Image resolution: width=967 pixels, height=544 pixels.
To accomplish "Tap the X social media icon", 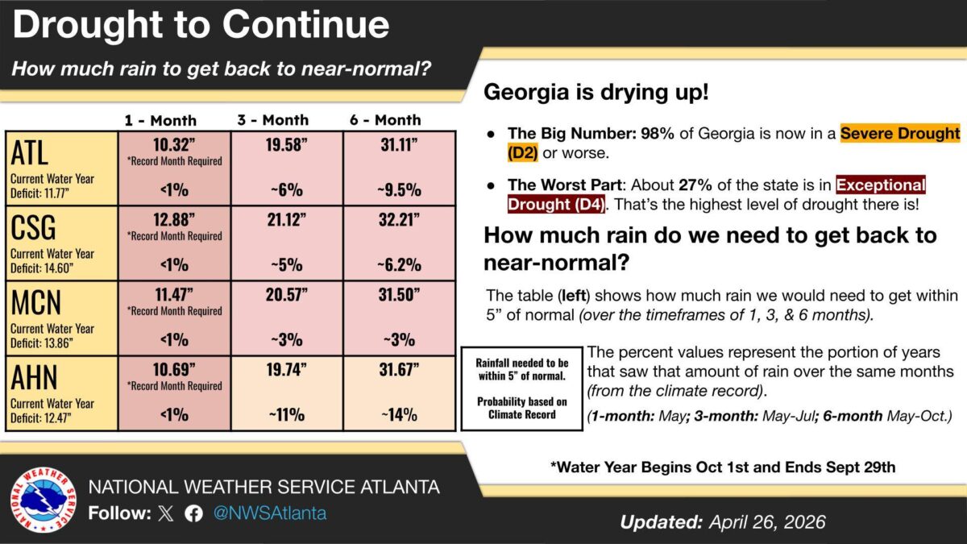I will [166, 514].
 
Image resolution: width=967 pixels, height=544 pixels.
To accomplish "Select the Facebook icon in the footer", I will [193, 514].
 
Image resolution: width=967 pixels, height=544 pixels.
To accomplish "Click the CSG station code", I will [34, 227].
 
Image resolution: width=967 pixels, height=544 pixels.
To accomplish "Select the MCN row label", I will [36, 303].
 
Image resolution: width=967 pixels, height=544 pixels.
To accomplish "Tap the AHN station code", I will [36, 378].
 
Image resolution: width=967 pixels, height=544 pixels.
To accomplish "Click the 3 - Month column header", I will [272, 120].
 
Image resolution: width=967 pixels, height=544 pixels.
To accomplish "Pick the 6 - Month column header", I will [385, 120].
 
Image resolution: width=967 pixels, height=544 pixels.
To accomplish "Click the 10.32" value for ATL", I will [174, 144].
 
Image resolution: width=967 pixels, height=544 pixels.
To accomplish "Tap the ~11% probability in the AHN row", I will [287, 416].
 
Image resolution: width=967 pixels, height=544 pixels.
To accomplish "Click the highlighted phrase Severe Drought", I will [900, 133].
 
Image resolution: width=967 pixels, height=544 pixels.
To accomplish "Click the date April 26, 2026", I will [767, 522].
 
